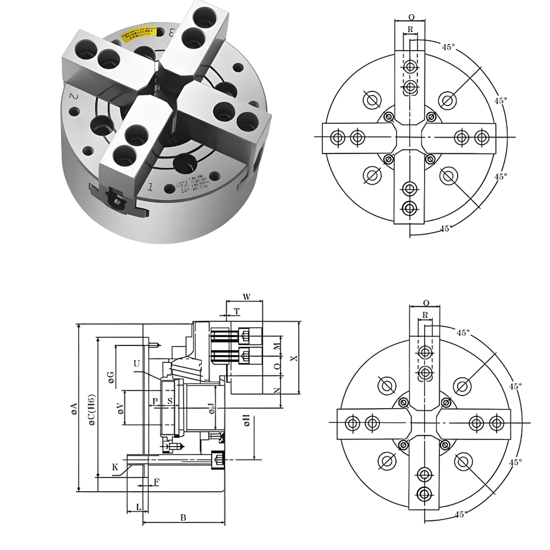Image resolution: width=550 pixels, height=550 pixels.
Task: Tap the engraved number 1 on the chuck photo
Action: pyautogui.click(x=150, y=187)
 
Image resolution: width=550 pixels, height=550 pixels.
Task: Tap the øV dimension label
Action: pyautogui.click(x=120, y=408)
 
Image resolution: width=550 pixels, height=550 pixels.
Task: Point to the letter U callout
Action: pyautogui.click(x=136, y=364)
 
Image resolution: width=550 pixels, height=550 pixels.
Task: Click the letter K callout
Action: pyautogui.click(x=115, y=467)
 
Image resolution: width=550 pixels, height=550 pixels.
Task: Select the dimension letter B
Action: pyautogui.click(x=183, y=518)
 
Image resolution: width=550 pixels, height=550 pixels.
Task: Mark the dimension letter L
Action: pyautogui.click(x=137, y=506)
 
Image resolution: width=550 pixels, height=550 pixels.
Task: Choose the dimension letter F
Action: pyautogui.click(x=156, y=482)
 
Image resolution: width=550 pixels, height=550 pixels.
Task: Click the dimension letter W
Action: pyautogui.click(x=246, y=297)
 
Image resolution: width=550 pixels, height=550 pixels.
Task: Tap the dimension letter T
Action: pyautogui.click(x=237, y=311)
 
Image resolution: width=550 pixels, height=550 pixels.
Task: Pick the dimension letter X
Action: pyautogui.click(x=294, y=358)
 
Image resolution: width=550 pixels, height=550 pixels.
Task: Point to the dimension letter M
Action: pyautogui.click(x=277, y=345)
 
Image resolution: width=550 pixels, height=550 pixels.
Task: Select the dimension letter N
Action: pyautogui.click(x=277, y=390)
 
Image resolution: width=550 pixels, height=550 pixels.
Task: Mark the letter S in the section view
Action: pyautogui.click(x=170, y=402)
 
